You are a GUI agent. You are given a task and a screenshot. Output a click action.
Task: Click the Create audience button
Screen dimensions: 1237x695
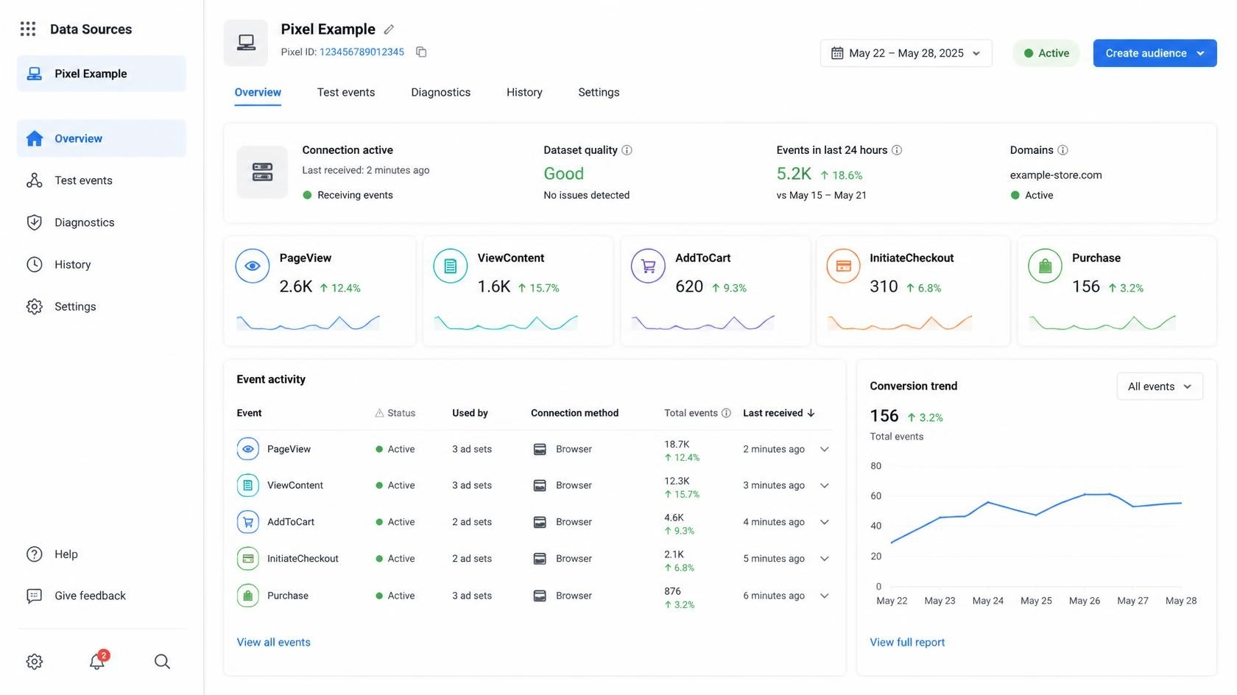tap(1155, 53)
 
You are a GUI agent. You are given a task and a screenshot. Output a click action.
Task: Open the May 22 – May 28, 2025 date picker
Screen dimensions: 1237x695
tap(906, 53)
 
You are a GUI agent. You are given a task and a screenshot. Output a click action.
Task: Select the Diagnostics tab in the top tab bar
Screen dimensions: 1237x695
tap(440, 92)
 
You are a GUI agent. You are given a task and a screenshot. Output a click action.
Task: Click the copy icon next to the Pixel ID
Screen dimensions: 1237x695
tap(421, 52)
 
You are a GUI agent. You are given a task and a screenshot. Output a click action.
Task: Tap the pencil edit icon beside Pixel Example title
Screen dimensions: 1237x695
tap(389, 29)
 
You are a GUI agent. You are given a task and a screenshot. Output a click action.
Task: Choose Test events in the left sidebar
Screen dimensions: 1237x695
tap(82, 180)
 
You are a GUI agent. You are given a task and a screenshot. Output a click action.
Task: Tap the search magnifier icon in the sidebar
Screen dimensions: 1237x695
tap(162, 661)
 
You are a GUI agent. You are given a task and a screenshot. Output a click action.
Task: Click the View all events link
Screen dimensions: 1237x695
tap(273, 642)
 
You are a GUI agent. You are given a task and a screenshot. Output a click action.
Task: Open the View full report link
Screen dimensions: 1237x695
tap(907, 642)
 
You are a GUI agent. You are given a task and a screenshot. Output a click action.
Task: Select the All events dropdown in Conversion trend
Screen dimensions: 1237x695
tap(1159, 387)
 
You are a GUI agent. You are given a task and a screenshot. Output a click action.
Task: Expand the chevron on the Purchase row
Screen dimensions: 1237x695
tap(824, 596)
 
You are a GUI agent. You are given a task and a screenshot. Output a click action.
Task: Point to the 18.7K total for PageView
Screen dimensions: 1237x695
tap(677, 445)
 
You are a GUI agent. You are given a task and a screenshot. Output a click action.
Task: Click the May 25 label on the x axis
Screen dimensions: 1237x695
tap(1035, 601)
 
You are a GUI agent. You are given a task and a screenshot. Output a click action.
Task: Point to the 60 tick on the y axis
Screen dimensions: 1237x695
tap(875, 495)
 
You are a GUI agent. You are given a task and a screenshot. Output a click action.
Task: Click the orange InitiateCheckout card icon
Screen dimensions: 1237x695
tap(843, 266)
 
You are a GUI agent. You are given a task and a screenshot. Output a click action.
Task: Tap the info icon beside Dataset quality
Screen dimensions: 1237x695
tap(626, 150)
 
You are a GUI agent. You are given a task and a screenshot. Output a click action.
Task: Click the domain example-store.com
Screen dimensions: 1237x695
tap(1055, 175)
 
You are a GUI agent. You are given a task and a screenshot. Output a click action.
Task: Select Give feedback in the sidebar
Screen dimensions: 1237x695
tap(90, 596)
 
